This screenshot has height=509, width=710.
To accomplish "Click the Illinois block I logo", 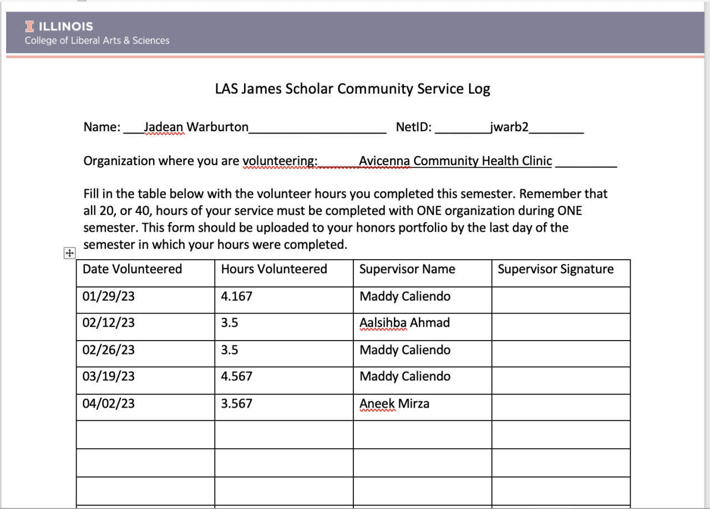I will pos(29,26).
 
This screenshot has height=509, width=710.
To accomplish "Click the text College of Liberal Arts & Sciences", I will pos(97,40).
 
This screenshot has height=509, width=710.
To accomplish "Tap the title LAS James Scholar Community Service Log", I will pos(353,89).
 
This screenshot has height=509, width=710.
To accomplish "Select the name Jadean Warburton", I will pos(196,127).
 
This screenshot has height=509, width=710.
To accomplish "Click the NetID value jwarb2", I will pos(509,127).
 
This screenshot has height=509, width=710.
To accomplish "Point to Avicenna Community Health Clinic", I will pos(455,161).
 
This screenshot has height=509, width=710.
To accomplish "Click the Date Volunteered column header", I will pos(132,269).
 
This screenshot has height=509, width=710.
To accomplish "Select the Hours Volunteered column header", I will pos(274,269).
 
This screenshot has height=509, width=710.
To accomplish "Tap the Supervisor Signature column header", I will pos(555,269).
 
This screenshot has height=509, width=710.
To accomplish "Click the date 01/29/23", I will pos(109,296).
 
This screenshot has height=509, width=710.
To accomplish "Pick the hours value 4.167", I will pos(236,296).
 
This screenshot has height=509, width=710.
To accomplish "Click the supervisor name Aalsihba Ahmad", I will pos(404,322).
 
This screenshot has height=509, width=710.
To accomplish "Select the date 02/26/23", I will pos(109,350).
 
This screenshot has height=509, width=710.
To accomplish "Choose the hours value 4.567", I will pos(236,377).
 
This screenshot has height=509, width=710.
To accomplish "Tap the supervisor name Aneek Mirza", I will pos(394,404).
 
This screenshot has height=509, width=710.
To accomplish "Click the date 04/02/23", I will pos(109,404).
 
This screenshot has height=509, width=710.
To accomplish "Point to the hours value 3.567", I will pos(236,404).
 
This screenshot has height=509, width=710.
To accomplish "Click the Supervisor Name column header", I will pos(407,269).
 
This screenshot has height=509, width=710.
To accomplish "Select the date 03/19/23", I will pos(109,377).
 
